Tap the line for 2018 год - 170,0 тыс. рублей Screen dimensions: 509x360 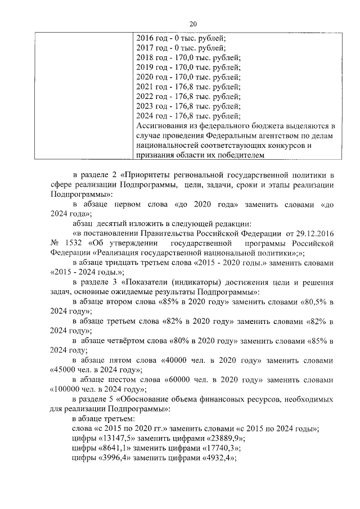pyautogui.click(x=188, y=58)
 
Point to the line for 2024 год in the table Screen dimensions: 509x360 pyautogui.click(x=188, y=116)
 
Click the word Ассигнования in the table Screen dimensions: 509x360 pyautogui.click(x=164, y=126)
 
